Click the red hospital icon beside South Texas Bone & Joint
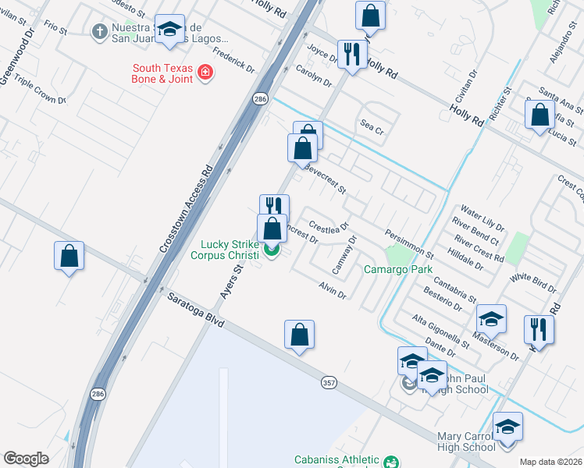(x=206, y=73)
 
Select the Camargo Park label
(x=398, y=270)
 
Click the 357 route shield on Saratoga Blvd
(x=329, y=382)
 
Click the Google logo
(x=26, y=458)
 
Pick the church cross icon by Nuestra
(x=98, y=31)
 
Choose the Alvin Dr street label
(x=332, y=289)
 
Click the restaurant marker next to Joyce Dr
(x=352, y=54)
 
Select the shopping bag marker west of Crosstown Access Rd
(x=69, y=255)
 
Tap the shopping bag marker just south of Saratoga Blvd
(x=299, y=335)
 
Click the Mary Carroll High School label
(x=467, y=441)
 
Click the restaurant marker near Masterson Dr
(x=539, y=328)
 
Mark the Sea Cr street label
(x=372, y=125)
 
